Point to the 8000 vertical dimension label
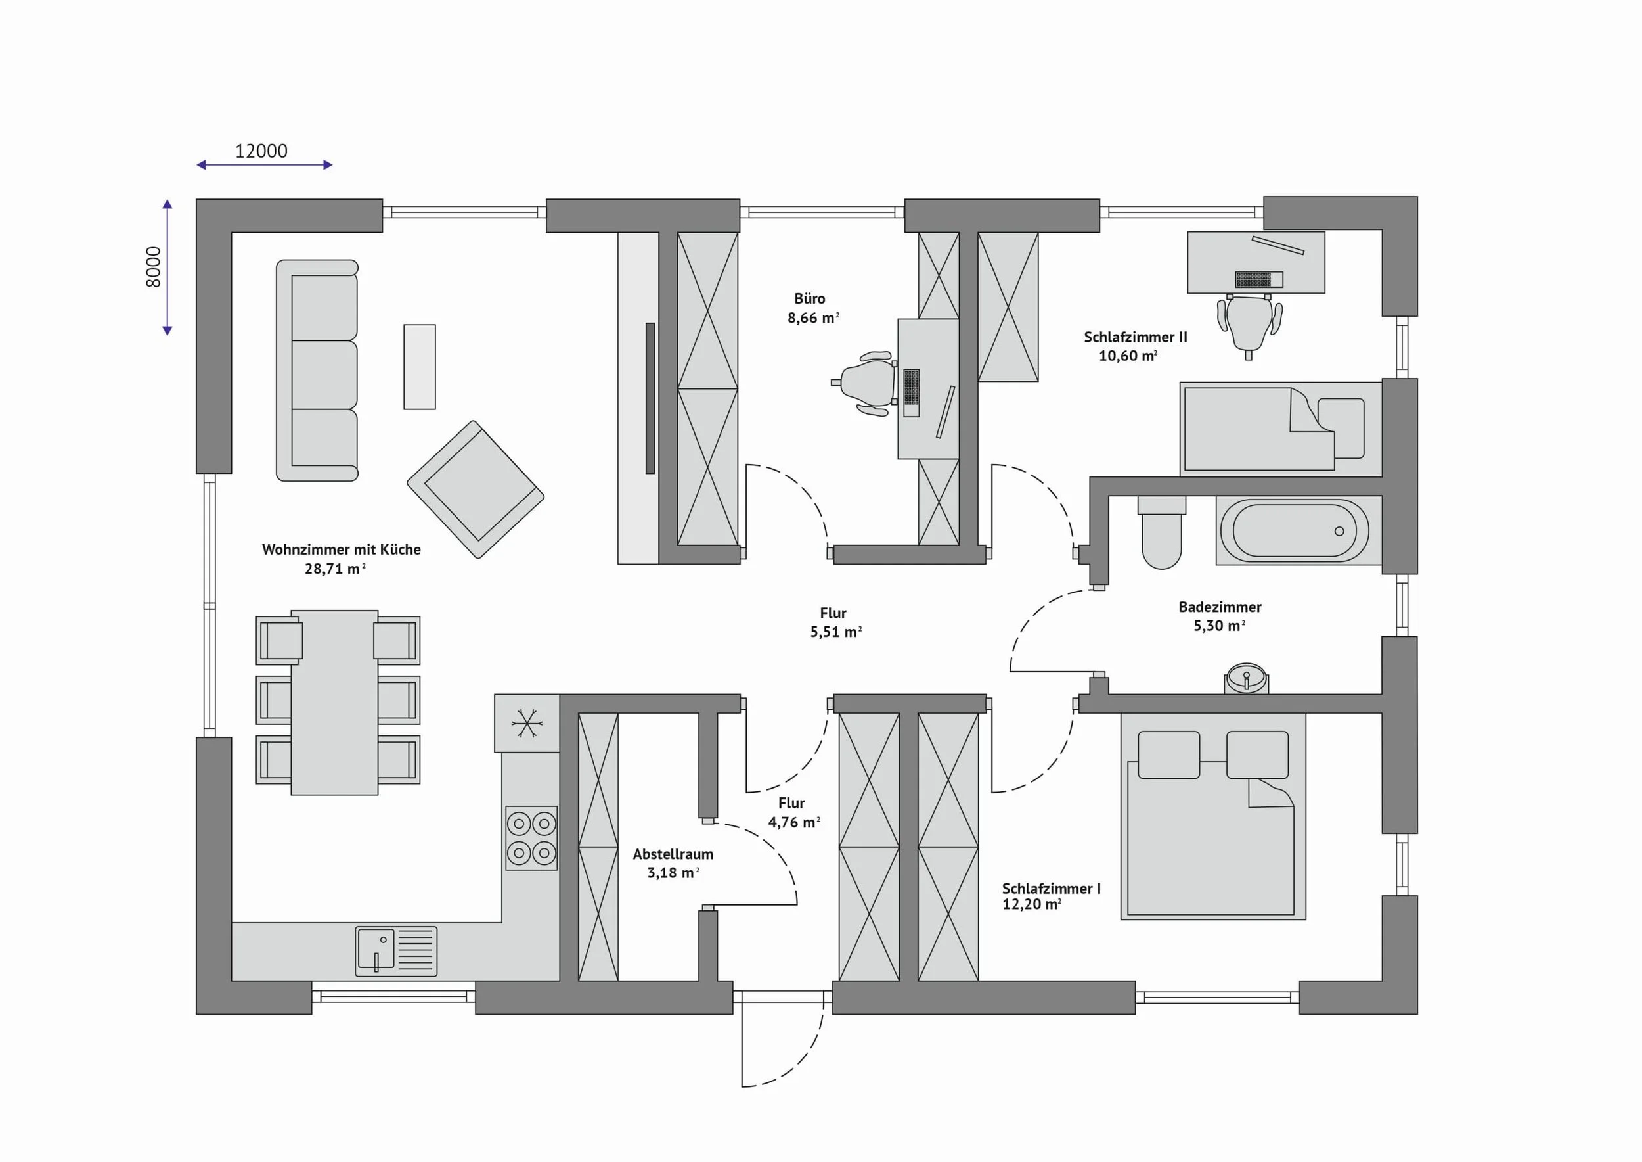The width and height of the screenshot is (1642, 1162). point(154,267)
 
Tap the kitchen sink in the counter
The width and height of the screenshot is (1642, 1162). point(396,952)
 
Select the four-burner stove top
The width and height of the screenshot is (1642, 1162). point(531,838)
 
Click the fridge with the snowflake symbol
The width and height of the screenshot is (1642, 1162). point(527,723)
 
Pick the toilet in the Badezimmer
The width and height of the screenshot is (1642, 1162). point(1161,532)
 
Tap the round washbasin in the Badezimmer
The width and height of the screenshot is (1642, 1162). point(1247,678)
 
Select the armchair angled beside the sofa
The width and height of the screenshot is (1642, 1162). point(476,490)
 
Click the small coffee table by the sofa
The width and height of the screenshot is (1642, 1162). point(420,367)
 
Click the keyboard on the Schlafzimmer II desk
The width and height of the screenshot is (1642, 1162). point(1258,279)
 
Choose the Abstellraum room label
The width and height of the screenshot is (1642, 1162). point(673,854)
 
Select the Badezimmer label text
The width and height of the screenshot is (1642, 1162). point(1220,607)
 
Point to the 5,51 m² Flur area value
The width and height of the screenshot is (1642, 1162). point(835,632)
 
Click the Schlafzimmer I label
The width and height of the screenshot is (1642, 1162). point(1052,889)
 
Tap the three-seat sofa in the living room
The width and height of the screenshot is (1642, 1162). point(317,371)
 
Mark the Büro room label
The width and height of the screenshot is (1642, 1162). point(810,298)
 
